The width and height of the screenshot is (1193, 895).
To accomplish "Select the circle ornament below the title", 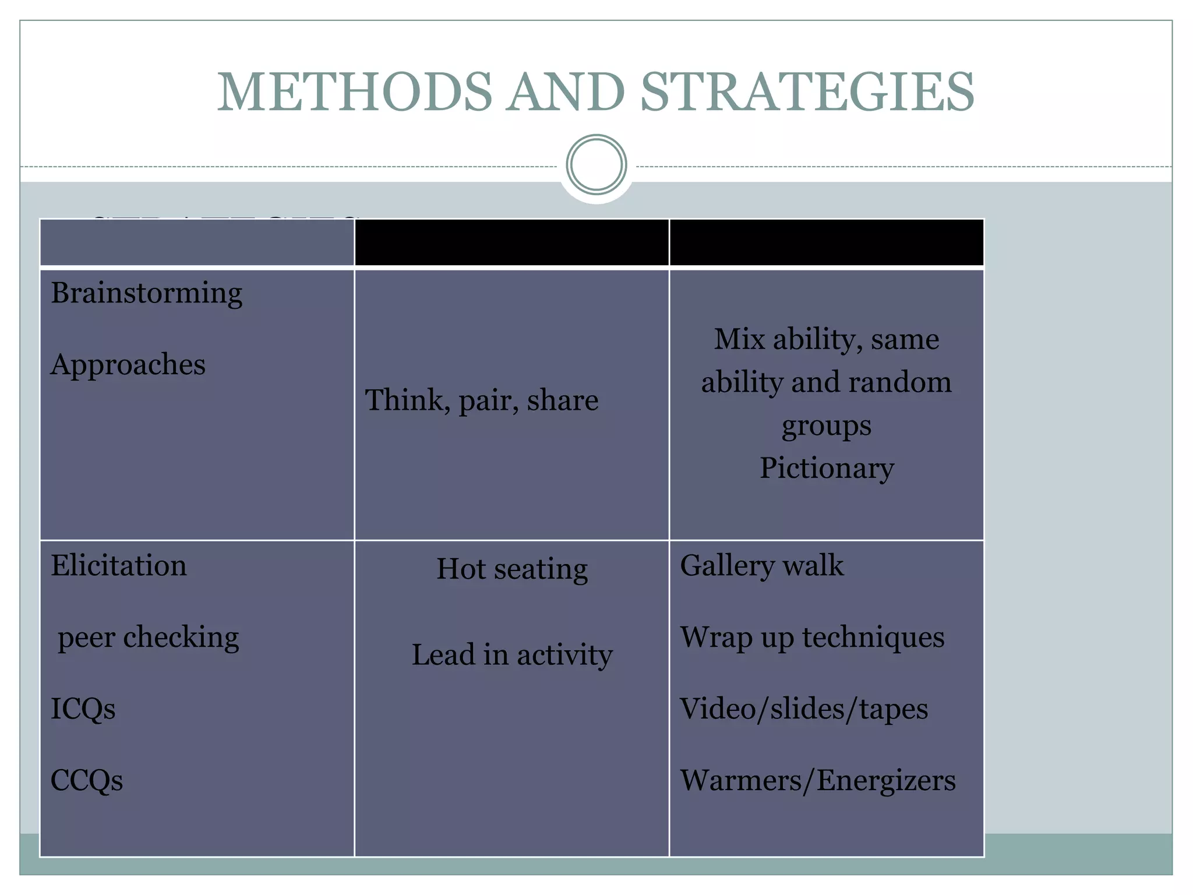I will click(596, 165).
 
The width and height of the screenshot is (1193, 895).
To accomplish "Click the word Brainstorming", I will click(146, 293).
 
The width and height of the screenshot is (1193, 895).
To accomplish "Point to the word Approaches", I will click(128, 365).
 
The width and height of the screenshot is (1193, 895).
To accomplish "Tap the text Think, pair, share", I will click(481, 400).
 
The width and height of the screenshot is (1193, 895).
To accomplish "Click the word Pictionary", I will click(826, 468).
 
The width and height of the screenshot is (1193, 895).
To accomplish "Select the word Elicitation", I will click(118, 566).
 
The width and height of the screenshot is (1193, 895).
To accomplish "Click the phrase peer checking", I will click(148, 637).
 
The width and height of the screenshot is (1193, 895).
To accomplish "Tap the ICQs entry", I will click(83, 709).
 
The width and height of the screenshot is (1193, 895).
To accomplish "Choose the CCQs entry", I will click(86, 781).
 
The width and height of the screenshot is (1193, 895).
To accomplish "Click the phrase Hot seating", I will click(511, 569).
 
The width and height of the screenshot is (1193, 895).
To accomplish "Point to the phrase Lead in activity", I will click(511, 655).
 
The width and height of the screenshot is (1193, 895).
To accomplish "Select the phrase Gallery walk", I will click(761, 566).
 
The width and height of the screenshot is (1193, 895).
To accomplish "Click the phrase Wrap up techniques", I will click(812, 637).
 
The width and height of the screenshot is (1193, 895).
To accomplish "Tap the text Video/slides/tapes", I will click(804, 709).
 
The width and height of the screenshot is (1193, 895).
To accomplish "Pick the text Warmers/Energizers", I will click(818, 781).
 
